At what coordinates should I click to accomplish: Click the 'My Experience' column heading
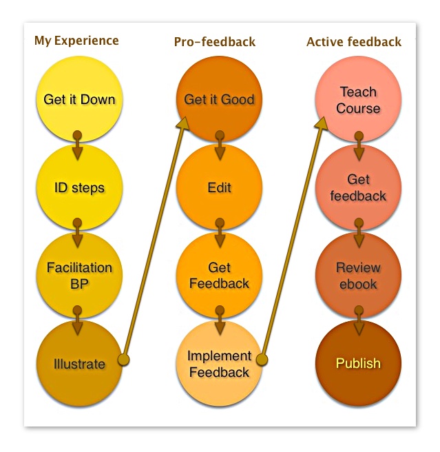coord(76,41)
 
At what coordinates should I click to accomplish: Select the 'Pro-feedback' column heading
coord(214,42)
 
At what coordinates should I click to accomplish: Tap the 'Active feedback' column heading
coord(354,42)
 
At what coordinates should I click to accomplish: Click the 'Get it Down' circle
coord(79,99)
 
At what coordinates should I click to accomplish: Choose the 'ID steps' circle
coord(79,187)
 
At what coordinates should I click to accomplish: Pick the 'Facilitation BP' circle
coord(79,275)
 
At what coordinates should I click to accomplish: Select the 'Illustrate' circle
coord(79,363)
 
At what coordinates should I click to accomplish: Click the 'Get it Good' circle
coord(219,99)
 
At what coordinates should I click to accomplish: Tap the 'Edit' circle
coord(219,187)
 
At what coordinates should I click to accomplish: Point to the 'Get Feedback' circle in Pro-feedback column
coord(219,275)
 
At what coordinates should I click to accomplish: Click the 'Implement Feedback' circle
coord(219,363)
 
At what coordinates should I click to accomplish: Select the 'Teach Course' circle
coord(358,99)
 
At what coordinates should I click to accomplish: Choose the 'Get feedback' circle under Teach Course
coord(358,187)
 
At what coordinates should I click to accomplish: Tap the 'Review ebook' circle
coord(358,275)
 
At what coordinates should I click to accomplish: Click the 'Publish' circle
coord(358,363)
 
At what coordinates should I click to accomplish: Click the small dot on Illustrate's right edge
coord(123,360)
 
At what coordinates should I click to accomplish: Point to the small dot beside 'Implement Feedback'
coord(262,359)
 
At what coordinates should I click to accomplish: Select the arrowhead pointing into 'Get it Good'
coord(182,123)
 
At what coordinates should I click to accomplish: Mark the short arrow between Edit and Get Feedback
coord(220,233)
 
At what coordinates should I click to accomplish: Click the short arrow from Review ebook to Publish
coord(359,321)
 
